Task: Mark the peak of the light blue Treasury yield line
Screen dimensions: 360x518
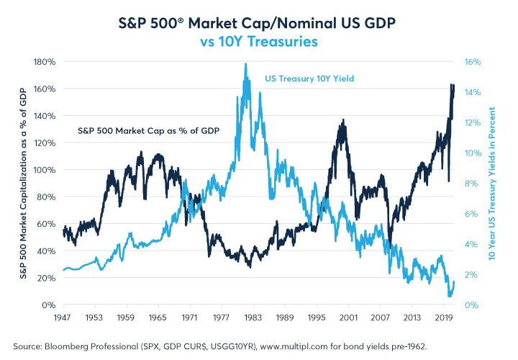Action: (x=246, y=64)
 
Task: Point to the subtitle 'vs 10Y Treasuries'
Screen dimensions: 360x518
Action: (x=259, y=42)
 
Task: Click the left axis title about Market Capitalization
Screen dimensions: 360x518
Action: (x=23, y=184)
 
